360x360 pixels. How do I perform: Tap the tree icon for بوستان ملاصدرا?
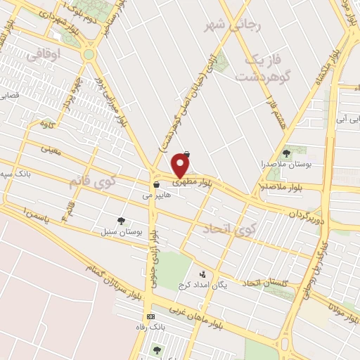(x=286, y=153)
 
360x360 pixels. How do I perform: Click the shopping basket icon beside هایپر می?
(x=154, y=185)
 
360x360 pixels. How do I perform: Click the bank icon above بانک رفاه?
(x=149, y=317)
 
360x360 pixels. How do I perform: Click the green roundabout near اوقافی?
(x=89, y=54)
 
